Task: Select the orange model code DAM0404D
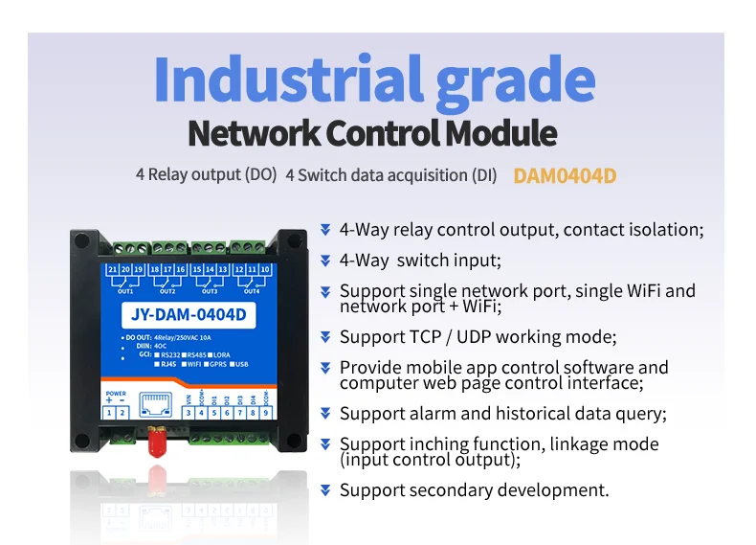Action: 565,176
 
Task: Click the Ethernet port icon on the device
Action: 151,402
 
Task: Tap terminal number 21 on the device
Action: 113,270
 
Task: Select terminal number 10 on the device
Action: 265,270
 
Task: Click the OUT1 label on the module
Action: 125,291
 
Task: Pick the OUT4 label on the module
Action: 251,291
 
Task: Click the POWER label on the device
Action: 115,393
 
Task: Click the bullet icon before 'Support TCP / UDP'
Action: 325,337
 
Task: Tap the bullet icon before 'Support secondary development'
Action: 325,490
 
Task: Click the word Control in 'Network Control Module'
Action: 386,133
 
